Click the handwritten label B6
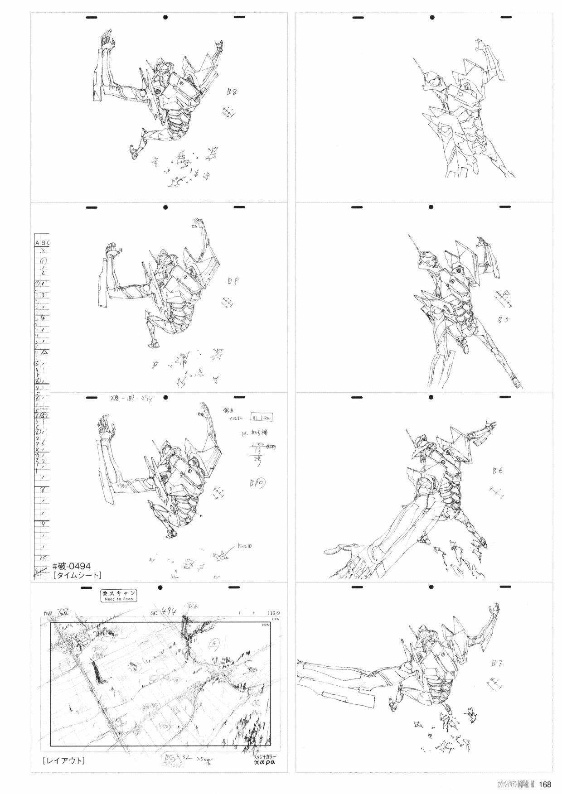click(497, 471)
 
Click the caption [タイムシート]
click(77, 575)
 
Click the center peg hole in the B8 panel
click(165, 17)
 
